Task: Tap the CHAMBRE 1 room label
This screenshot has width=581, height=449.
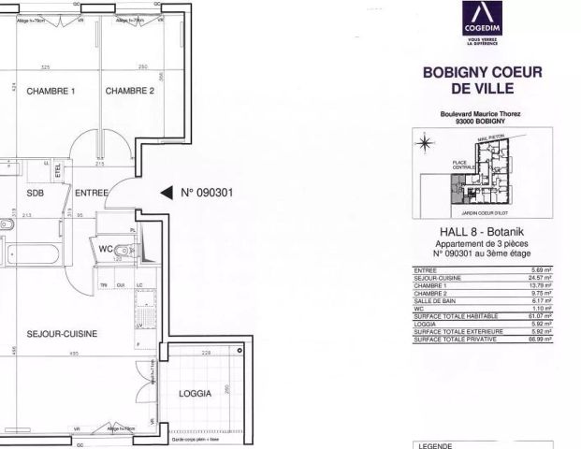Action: pyautogui.click(x=50, y=91)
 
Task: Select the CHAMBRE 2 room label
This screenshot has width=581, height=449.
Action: pyautogui.click(x=129, y=91)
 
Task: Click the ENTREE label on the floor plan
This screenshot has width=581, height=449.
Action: pyautogui.click(x=93, y=194)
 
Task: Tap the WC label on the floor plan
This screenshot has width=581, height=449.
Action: pyautogui.click(x=106, y=249)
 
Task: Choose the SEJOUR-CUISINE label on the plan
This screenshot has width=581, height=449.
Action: pyautogui.click(x=63, y=333)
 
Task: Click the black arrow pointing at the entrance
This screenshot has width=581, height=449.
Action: pyautogui.click(x=166, y=194)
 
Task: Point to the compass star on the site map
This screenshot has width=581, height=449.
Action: pyautogui.click(x=425, y=144)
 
